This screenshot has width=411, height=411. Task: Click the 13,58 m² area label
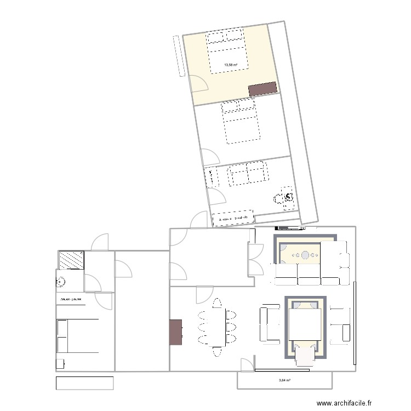[x=230, y=65]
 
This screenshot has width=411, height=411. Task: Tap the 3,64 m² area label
[x=284, y=380]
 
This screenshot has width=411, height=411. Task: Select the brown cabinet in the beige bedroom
[x=262, y=89]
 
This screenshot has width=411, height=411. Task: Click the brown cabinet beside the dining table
[x=176, y=333]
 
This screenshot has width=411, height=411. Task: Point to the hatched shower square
[x=71, y=260]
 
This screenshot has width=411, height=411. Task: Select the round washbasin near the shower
[x=60, y=283]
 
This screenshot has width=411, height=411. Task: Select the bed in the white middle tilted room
[x=240, y=124]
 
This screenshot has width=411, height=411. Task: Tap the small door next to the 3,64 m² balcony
[x=247, y=365]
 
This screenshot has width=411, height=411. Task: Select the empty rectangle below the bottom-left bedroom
[x=84, y=383]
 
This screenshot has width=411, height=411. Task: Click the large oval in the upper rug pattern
[x=305, y=254]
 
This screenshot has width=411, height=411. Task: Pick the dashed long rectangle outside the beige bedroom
[x=176, y=55]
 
